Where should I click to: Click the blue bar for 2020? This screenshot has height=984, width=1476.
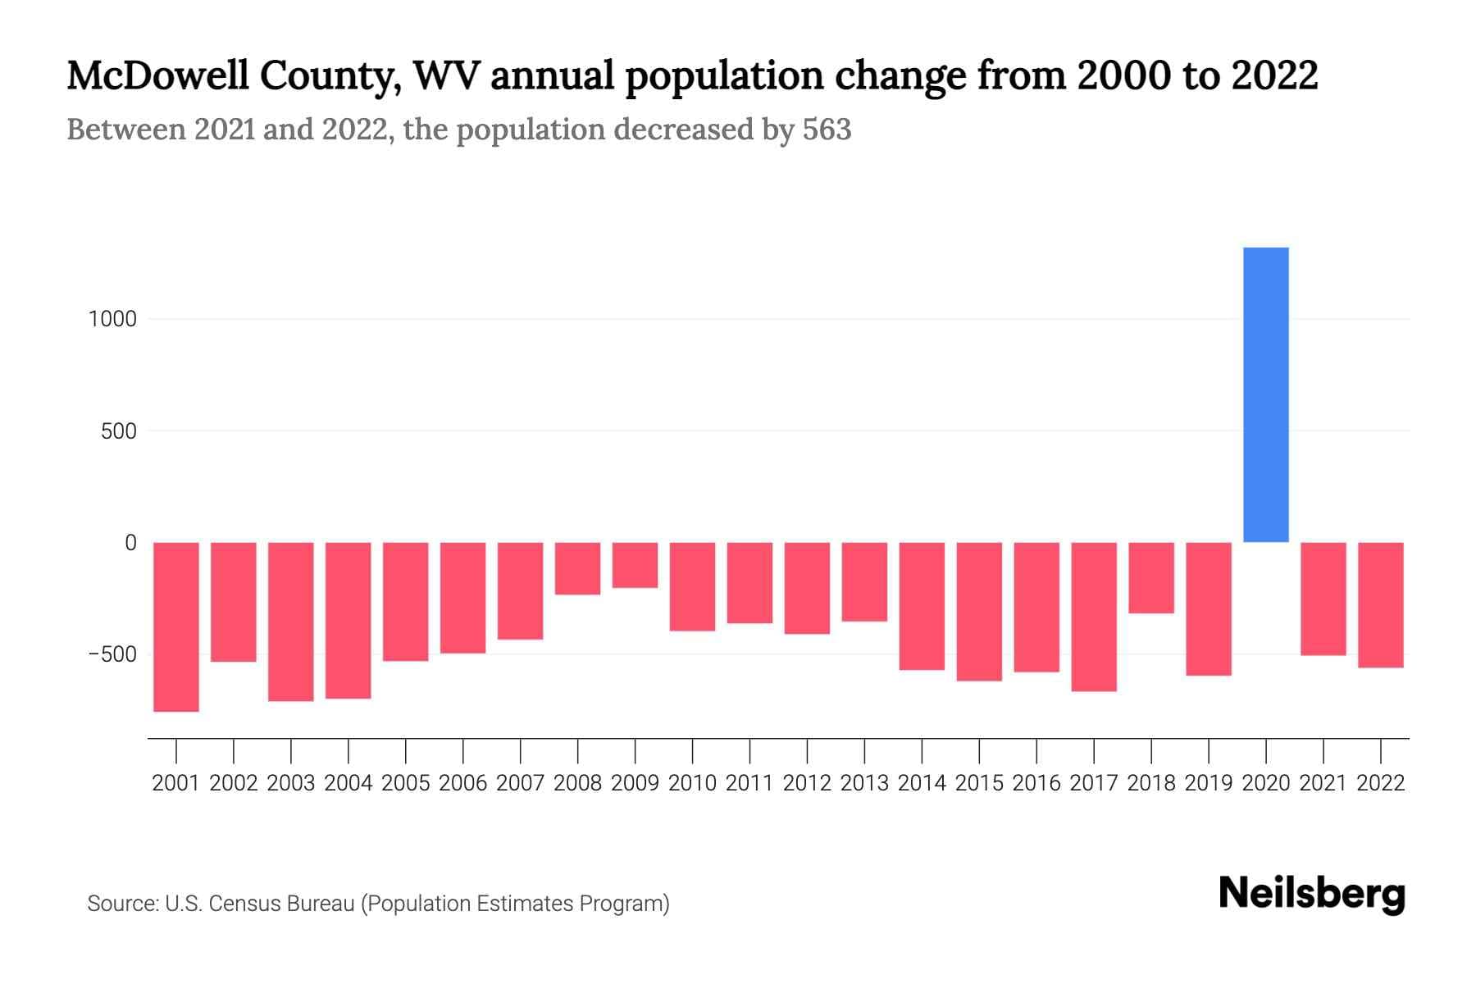click(x=1265, y=394)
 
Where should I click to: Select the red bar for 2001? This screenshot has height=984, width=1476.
click(x=176, y=626)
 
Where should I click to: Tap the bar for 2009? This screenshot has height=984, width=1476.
click(x=635, y=565)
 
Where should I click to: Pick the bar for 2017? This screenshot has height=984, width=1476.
click(x=1093, y=617)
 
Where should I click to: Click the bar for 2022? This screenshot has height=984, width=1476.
click(x=1380, y=604)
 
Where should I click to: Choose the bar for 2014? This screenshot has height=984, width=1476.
click(x=922, y=606)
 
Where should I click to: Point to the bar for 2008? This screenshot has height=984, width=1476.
click(x=577, y=568)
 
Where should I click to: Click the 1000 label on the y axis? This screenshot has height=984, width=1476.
click(x=112, y=319)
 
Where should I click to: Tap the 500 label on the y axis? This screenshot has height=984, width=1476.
click(x=119, y=431)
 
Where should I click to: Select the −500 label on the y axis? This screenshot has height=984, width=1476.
click(x=112, y=654)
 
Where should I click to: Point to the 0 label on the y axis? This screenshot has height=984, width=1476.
click(x=130, y=543)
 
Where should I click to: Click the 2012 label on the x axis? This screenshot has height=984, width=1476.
click(x=807, y=783)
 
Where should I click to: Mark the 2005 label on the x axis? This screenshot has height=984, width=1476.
click(x=405, y=783)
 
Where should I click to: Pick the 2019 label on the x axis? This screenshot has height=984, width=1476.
click(x=1208, y=783)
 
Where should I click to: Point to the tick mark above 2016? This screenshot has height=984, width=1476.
click(x=1036, y=750)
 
